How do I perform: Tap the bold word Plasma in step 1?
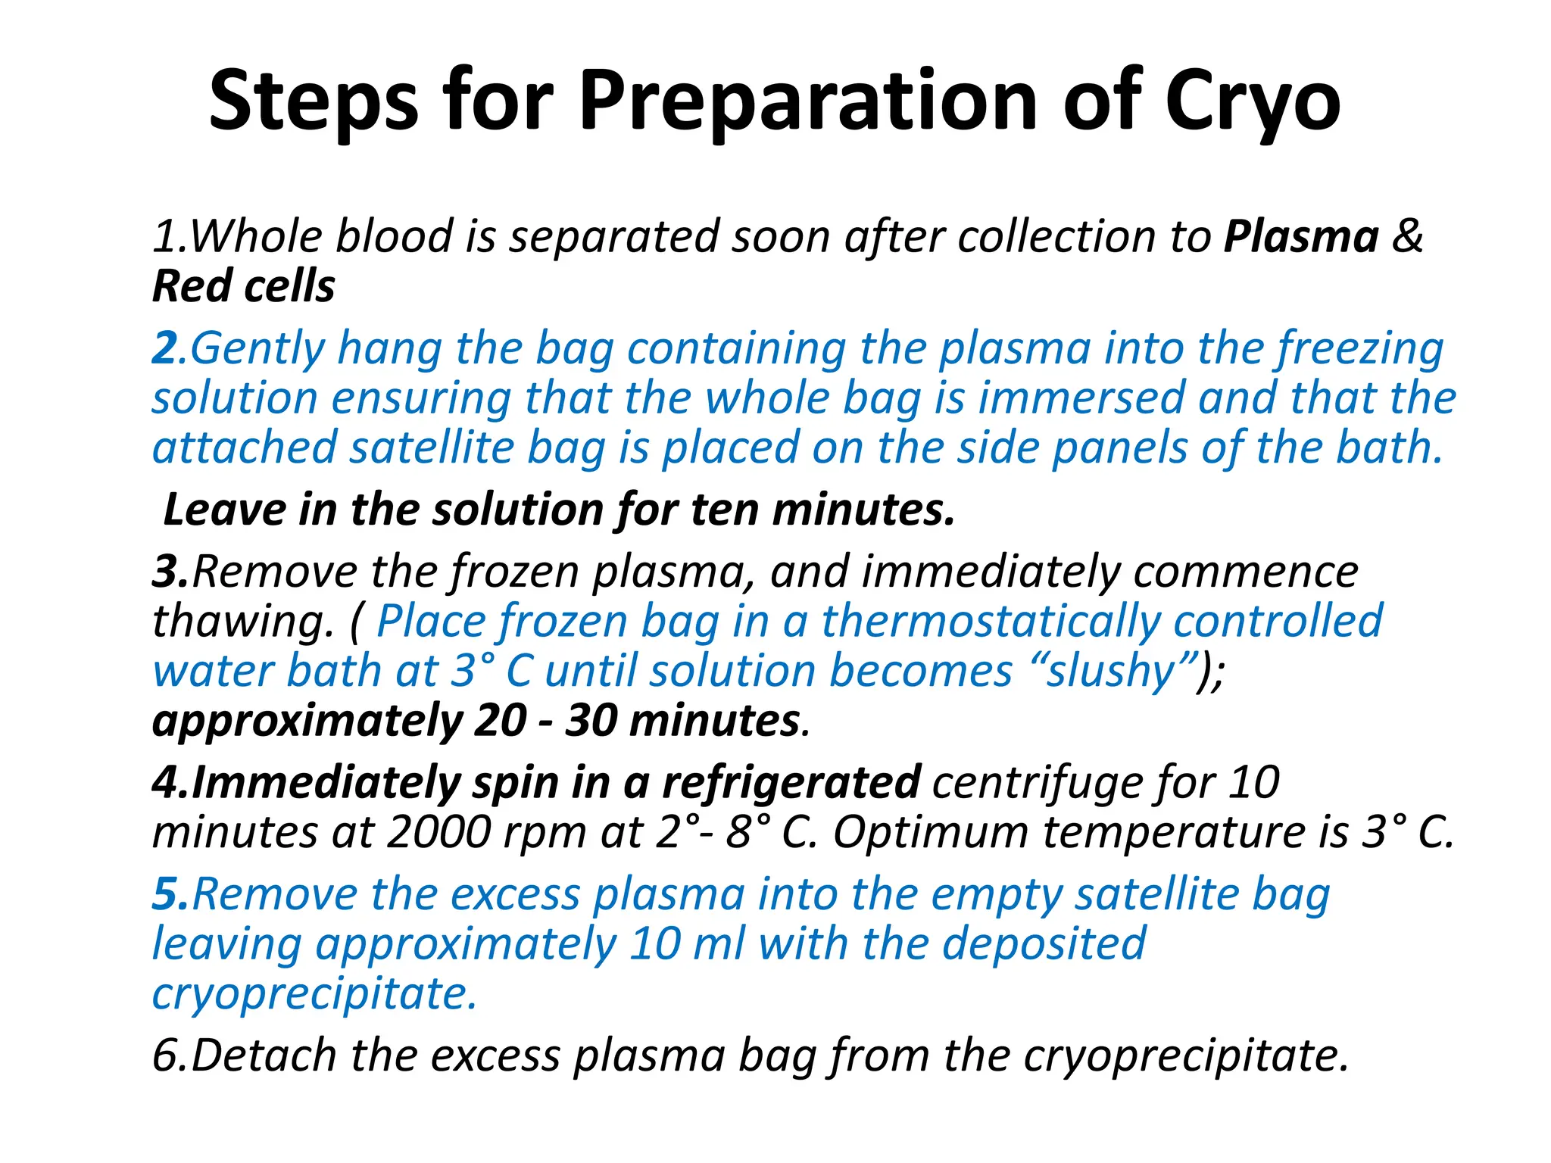[x=1301, y=237]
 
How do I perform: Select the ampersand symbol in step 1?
[x=1408, y=237]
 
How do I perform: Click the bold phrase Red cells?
[x=243, y=287]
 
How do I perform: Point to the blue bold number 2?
[x=164, y=348]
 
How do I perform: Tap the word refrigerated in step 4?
[x=791, y=783]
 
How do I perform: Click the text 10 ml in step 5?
[x=687, y=944]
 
